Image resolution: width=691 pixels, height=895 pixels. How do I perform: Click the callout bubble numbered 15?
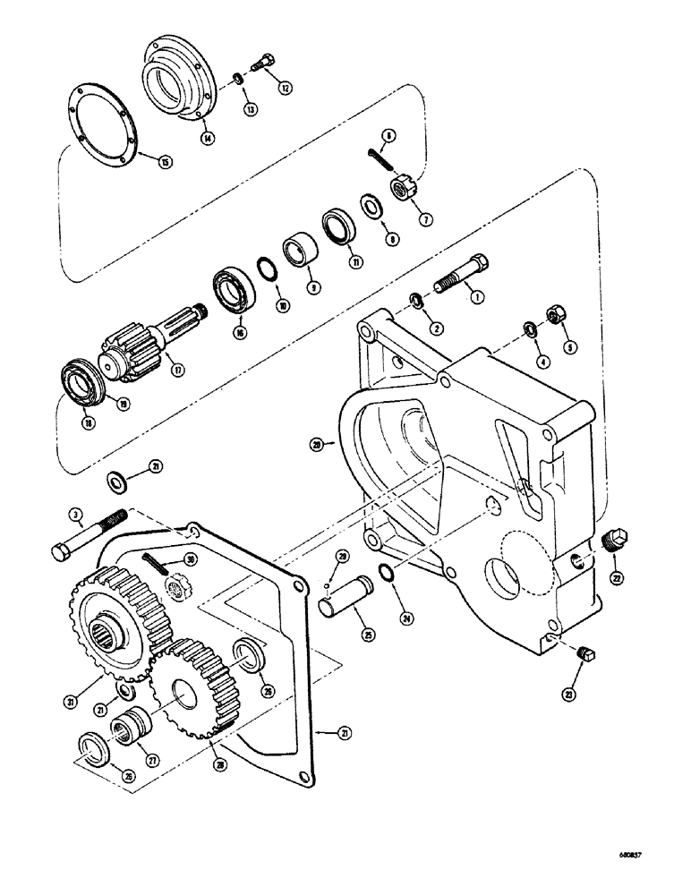coord(164,162)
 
